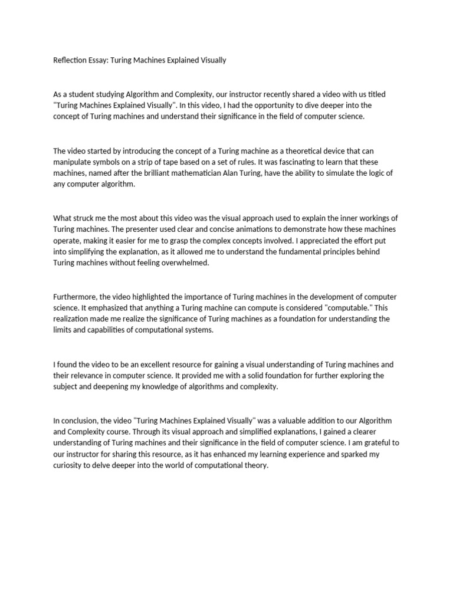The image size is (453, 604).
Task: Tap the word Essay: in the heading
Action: [x=99, y=60]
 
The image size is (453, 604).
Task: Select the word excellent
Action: [x=155, y=365]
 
